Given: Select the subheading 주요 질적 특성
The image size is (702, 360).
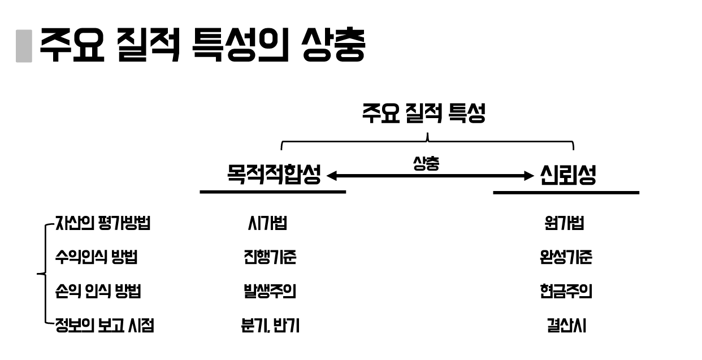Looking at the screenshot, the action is click(x=424, y=114).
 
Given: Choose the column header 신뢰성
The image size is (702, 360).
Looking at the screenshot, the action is click(x=567, y=176).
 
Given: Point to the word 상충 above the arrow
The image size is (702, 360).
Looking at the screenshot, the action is click(x=426, y=163).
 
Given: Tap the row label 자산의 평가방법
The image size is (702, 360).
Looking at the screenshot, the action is click(x=102, y=223).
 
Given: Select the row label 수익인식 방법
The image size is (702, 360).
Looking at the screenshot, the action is click(x=96, y=258).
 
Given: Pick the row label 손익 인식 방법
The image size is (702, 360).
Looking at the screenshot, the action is click(x=98, y=292).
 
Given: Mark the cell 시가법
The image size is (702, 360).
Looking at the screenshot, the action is click(x=267, y=223).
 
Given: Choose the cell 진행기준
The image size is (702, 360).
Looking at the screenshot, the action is click(x=267, y=258).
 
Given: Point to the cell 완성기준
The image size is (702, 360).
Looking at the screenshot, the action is click(x=565, y=258).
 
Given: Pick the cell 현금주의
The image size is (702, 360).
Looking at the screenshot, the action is click(x=565, y=292).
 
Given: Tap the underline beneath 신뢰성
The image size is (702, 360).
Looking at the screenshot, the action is click(x=566, y=193).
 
